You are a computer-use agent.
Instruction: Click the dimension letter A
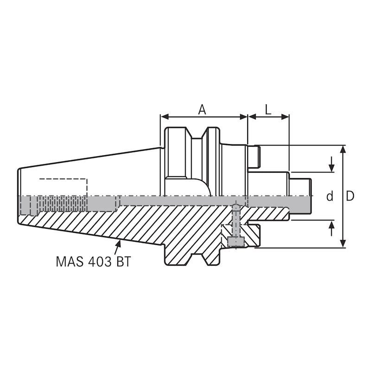[202, 109]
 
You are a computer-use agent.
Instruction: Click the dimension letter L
[268, 109]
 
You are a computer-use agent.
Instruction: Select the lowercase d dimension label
[330, 197]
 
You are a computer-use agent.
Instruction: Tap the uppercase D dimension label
[350, 196]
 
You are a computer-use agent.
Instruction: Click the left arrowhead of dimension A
[164, 117]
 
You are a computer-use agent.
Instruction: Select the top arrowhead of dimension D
[343, 149]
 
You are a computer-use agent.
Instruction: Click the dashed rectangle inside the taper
[63, 187]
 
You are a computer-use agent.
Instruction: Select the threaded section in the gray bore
[63, 204]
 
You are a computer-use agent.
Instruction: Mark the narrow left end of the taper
[19, 197]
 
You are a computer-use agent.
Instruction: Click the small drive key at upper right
[254, 157]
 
